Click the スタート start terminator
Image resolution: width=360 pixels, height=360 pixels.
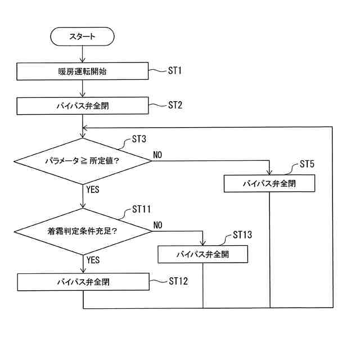[83, 37]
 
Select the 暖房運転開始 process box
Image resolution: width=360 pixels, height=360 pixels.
[83, 71]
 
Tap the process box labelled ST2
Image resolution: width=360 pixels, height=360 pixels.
[83, 105]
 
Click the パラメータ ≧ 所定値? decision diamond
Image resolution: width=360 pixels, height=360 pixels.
[83, 161]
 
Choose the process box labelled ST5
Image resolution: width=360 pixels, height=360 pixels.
[269, 183]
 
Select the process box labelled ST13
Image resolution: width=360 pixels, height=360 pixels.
[202, 254]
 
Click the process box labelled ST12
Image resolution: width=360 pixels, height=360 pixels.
[83, 282]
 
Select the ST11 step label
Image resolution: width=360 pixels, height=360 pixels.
[142, 209]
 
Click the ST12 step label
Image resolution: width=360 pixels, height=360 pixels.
[178, 281]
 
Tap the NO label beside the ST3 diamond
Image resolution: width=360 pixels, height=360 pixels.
[157, 155]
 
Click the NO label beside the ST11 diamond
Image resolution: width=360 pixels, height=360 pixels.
[157, 225]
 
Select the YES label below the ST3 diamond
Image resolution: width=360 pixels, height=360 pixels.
[93, 190]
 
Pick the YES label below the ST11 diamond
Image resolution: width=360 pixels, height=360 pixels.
[93, 260]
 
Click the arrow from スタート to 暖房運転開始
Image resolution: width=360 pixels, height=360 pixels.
[83, 53]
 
